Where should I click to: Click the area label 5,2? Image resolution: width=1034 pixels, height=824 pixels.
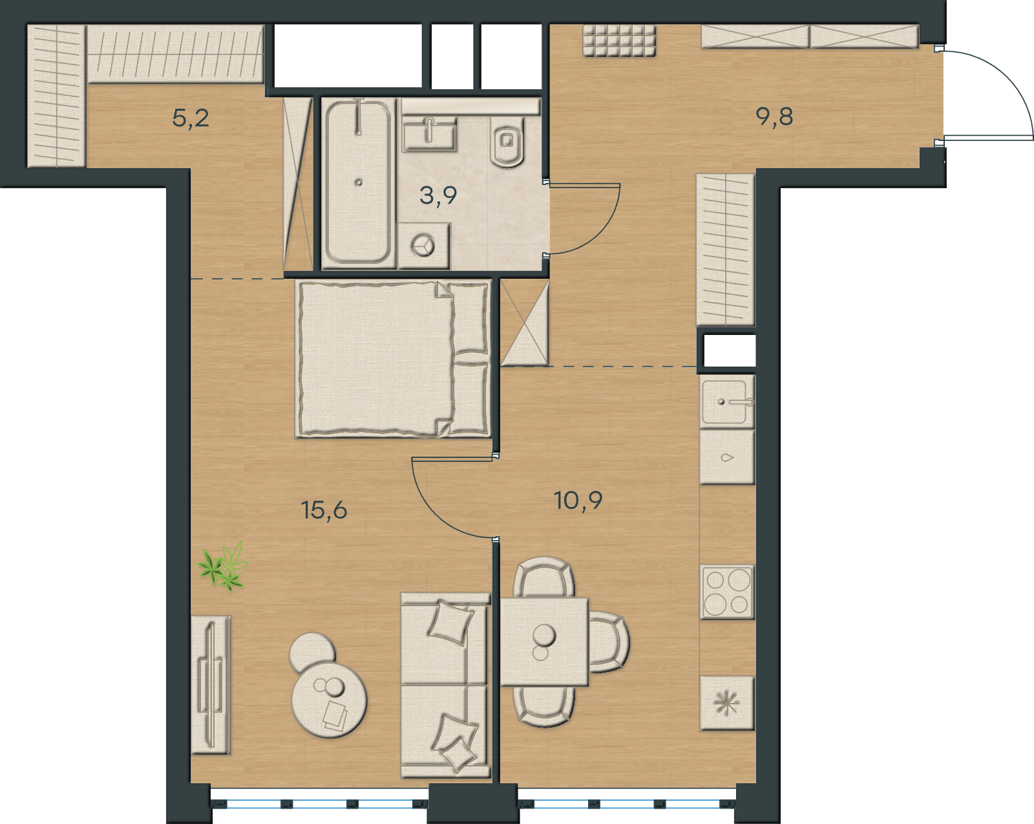[x=190, y=118]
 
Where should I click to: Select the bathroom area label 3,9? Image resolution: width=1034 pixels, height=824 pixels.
[x=438, y=196]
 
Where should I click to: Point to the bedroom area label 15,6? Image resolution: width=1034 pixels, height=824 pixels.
[x=324, y=510]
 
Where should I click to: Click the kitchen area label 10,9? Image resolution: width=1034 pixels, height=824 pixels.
[x=578, y=500]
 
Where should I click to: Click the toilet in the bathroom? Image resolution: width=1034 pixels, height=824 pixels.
[x=507, y=141]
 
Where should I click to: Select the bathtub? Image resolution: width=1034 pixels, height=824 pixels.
[x=359, y=182]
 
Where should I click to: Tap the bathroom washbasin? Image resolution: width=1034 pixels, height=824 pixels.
[x=429, y=137]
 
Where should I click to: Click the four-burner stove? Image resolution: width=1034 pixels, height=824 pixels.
[x=726, y=592]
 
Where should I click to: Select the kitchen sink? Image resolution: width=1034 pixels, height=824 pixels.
[x=726, y=401]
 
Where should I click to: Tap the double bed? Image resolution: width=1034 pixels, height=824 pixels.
[x=393, y=359]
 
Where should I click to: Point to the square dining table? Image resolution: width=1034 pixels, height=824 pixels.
[x=544, y=642]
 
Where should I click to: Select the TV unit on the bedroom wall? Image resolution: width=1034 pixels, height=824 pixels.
[x=211, y=685]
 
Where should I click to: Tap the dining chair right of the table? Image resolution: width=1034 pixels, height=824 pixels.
[x=609, y=642]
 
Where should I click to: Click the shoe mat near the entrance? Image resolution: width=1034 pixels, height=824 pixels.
[x=619, y=41]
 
